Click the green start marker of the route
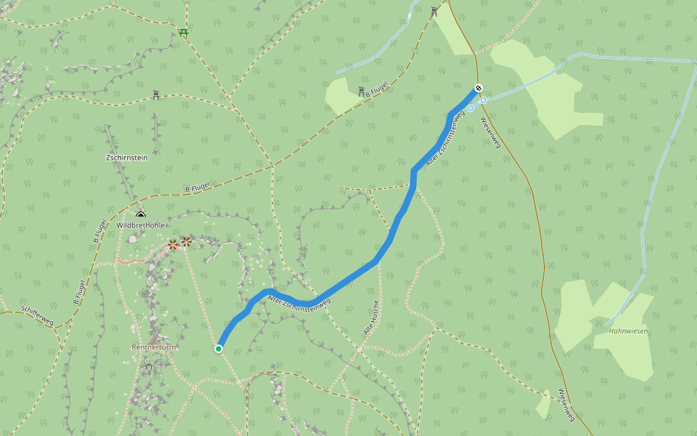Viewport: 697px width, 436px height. pos(218,349)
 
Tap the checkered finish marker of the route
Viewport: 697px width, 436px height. pos(478,89)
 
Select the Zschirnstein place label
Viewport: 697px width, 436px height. pos(126,157)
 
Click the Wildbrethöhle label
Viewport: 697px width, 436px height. pos(140,225)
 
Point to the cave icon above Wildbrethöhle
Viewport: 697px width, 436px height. pos(141,214)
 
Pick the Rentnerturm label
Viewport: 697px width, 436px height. pos(154,347)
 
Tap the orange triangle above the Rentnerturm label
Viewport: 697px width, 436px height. pos(153,339)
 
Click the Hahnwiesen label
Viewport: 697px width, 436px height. pos(629,331)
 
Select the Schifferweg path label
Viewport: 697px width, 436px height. pos(37,315)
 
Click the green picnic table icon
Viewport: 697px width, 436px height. pos(184,32)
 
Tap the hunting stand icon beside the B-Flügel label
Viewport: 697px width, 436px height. pos(362,91)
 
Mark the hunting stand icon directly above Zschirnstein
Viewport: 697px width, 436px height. pos(156,94)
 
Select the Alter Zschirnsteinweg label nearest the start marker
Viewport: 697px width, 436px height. pos(299,304)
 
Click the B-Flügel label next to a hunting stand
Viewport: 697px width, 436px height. pos(377,89)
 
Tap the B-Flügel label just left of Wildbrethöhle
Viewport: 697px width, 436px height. pos(100,230)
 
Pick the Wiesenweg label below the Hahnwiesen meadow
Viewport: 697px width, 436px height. pos(566,404)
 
